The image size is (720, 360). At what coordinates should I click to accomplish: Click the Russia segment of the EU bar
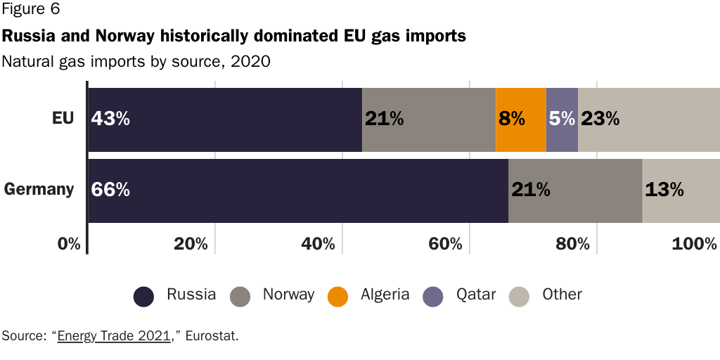225,120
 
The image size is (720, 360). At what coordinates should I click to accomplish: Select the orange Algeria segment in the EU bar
520,120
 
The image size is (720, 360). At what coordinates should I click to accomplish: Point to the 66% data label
110,190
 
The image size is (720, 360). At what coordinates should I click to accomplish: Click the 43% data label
110,119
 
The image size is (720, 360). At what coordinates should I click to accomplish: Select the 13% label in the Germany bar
664,190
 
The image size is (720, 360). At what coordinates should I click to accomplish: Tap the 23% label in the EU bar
600,119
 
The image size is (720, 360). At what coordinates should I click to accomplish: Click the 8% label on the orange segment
511,119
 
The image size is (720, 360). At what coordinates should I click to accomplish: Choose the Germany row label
39,189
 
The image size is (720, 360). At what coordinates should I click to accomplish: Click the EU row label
63,118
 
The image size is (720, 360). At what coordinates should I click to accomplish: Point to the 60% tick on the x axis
446,245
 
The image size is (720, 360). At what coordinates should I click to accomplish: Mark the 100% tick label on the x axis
694,245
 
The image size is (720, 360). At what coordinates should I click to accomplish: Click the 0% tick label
70,245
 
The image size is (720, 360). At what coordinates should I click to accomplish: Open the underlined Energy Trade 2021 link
115,335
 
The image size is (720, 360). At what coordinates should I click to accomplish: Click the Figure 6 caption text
31,10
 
